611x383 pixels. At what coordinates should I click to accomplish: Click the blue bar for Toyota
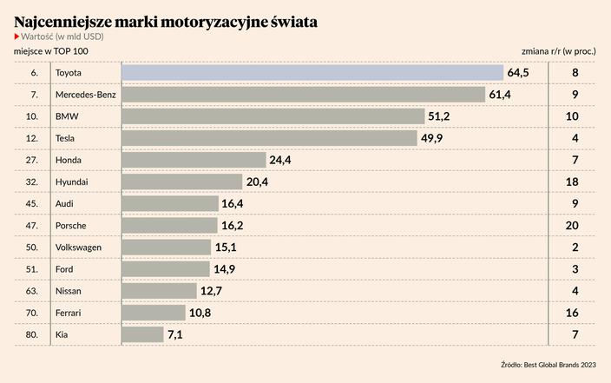click(312, 73)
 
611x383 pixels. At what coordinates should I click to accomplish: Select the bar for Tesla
click(269, 138)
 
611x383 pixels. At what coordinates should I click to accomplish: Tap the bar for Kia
click(142, 334)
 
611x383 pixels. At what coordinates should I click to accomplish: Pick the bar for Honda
click(193, 160)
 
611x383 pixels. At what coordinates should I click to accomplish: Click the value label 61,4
click(500, 95)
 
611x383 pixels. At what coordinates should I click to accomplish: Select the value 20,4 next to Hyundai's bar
click(258, 182)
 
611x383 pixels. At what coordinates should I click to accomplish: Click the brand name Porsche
click(70, 226)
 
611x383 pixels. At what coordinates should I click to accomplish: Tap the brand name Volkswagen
click(78, 248)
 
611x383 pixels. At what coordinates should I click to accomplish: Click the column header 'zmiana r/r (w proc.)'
click(558, 52)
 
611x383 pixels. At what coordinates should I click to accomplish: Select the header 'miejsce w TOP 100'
click(51, 52)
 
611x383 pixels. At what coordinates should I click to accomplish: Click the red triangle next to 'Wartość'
click(17, 36)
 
